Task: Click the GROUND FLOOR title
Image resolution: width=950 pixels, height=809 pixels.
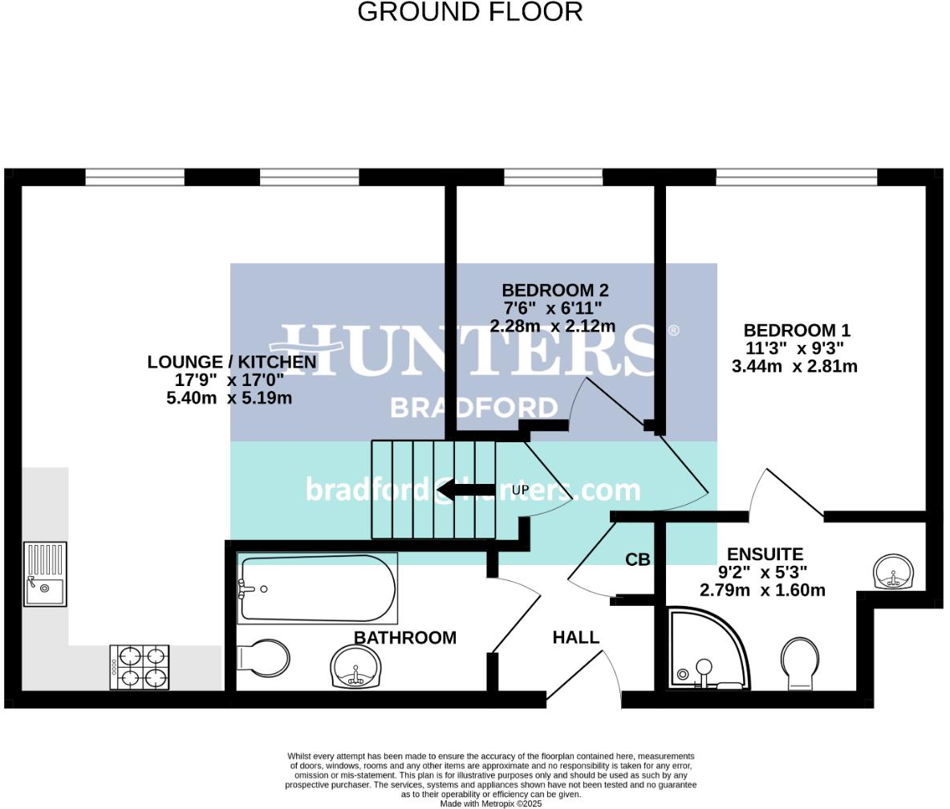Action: tap(469, 13)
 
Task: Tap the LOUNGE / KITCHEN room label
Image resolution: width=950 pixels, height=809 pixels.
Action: tap(231, 363)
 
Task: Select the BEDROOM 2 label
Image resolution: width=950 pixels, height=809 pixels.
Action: tap(554, 291)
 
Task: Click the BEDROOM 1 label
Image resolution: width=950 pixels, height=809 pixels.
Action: tap(796, 331)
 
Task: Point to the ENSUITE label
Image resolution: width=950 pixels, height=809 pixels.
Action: tap(764, 555)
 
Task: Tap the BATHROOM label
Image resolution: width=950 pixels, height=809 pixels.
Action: tap(405, 638)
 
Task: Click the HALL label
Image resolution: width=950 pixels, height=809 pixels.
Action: tap(575, 638)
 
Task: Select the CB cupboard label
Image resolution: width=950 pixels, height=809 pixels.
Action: tap(638, 560)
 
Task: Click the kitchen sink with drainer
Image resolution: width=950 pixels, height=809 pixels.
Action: tap(45, 574)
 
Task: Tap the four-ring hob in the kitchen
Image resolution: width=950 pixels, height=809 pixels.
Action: tap(140, 667)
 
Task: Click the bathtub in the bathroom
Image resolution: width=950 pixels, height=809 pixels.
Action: tap(318, 588)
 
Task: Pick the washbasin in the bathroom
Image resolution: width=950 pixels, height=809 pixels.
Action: tap(357, 667)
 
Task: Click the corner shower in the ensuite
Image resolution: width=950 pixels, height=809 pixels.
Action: tap(706, 652)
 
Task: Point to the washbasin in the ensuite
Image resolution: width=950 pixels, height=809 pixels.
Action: tap(893, 571)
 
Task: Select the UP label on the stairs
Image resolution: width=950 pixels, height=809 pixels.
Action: tap(520, 490)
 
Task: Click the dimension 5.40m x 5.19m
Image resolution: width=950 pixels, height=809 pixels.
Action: tap(229, 398)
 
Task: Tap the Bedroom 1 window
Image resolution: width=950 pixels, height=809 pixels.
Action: tap(796, 177)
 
